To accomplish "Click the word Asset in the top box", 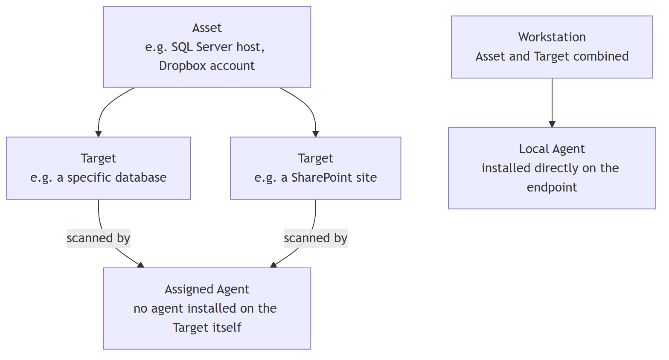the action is pyautogui.click(x=207, y=28).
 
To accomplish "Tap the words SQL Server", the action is pyautogui.click(x=202, y=47).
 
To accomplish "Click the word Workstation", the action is pyautogui.click(x=552, y=37).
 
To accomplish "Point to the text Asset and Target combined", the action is pyautogui.click(x=552, y=56).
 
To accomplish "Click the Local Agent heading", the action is pyautogui.click(x=552, y=149).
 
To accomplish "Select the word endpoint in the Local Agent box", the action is pyautogui.click(x=552, y=187).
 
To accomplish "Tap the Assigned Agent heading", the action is pyautogui.click(x=207, y=289).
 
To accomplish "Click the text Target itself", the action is pyautogui.click(x=207, y=328).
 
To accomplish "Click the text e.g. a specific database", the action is pyautogui.click(x=98, y=177).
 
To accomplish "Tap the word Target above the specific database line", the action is pyautogui.click(x=98, y=158).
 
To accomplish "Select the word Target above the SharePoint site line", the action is pyautogui.click(x=315, y=158).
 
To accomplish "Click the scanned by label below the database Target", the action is pyautogui.click(x=98, y=238).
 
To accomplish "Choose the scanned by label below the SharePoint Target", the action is pyautogui.click(x=315, y=238).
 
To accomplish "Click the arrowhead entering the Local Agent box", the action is pyautogui.click(x=552, y=124).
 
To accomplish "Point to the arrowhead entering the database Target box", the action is pyautogui.click(x=98, y=134).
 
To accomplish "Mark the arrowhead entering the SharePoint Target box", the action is pyautogui.click(x=315, y=134).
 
